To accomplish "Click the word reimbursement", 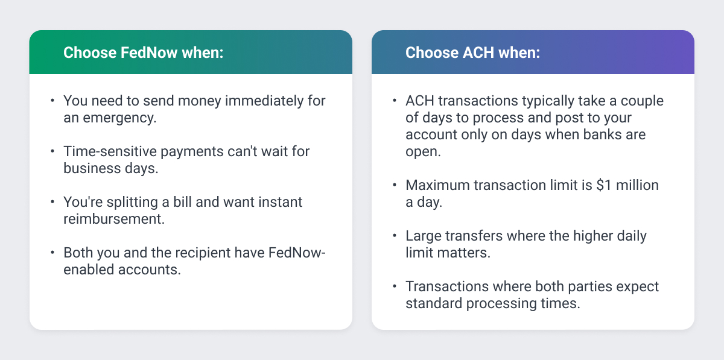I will point(113,218).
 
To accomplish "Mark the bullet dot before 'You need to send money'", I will point(52,100).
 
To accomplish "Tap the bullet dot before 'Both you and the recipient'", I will point(52,252).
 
